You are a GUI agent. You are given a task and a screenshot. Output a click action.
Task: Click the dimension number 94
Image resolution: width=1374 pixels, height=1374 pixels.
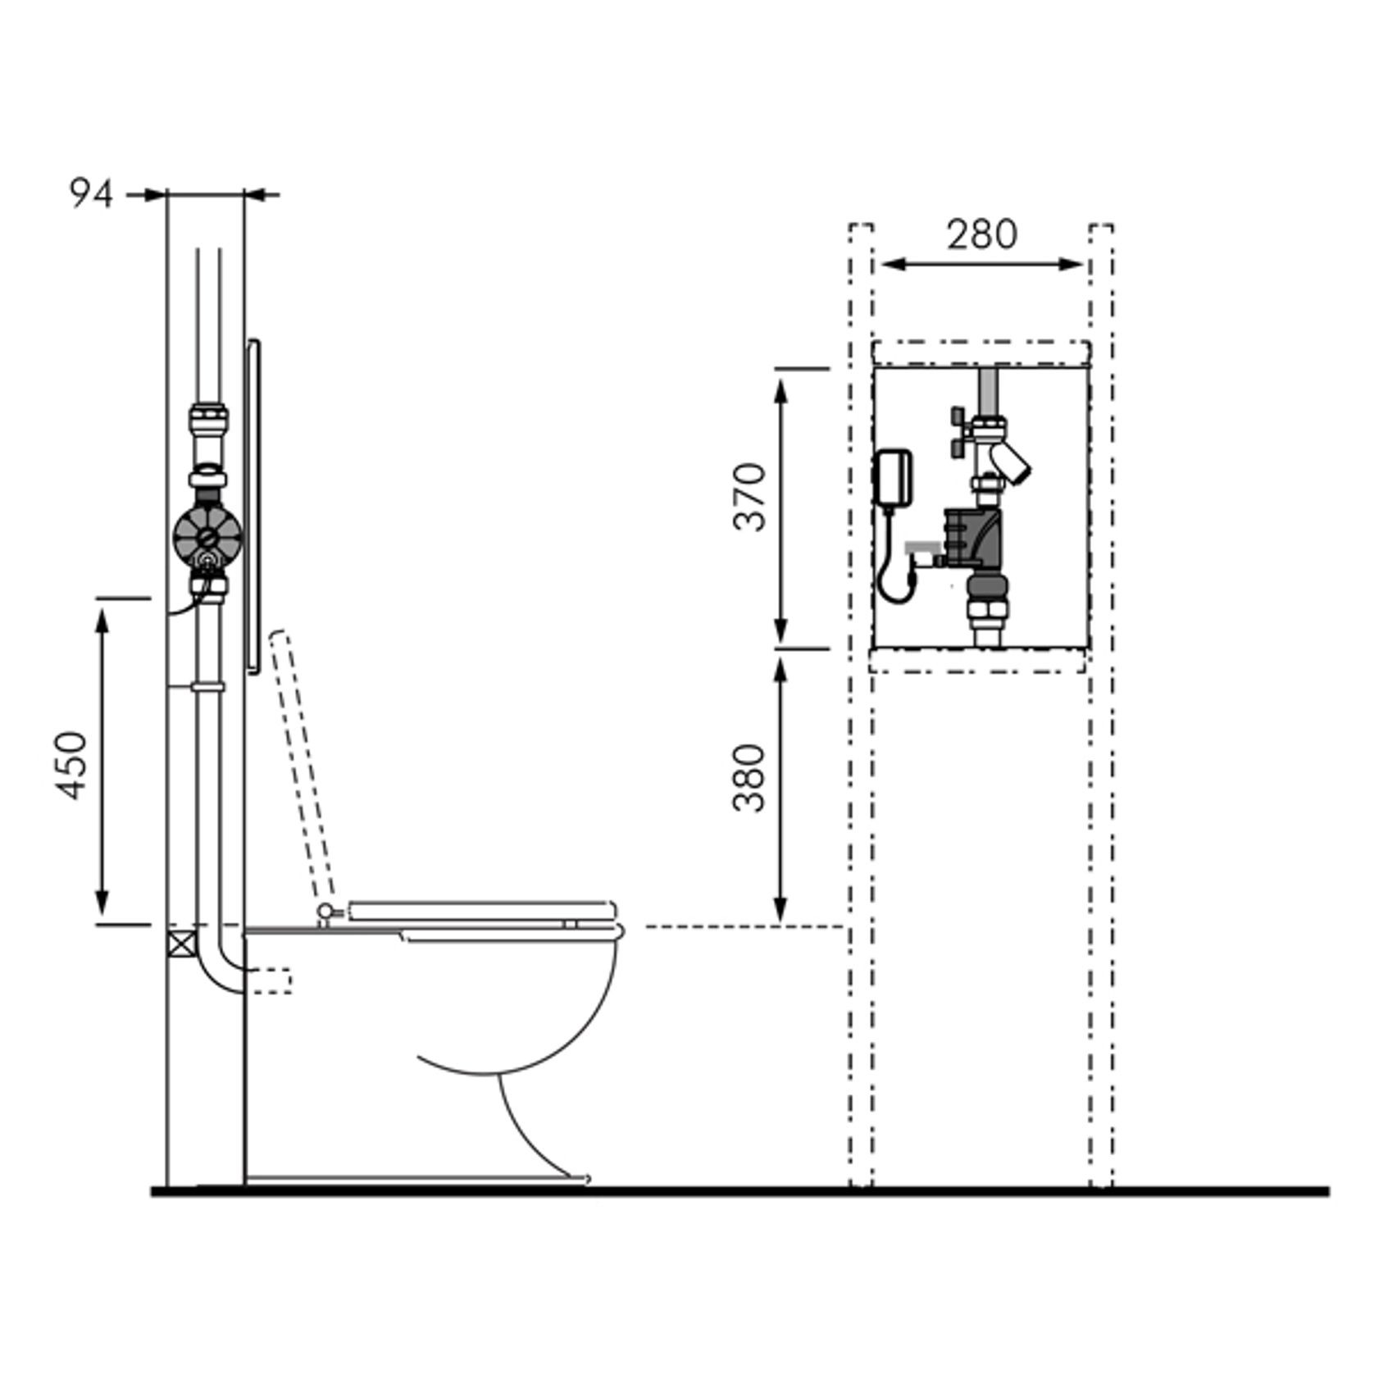[90, 194]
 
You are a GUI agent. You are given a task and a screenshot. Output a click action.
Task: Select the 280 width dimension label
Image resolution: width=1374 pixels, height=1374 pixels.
[982, 234]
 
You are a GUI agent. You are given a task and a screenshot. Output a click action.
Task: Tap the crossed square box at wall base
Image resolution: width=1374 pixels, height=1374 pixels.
[181, 944]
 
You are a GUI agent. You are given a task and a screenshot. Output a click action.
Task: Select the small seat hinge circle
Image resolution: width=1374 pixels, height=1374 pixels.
[325, 910]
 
